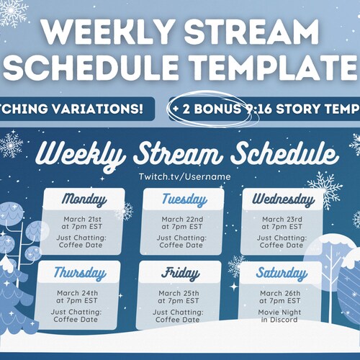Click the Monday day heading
coord(84,199)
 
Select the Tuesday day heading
coord(184,199)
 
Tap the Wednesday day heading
coord(281,199)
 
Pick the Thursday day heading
coord(80,274)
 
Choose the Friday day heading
coord(181,274)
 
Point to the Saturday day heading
coord(281,274)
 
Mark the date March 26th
coord(281,293)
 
